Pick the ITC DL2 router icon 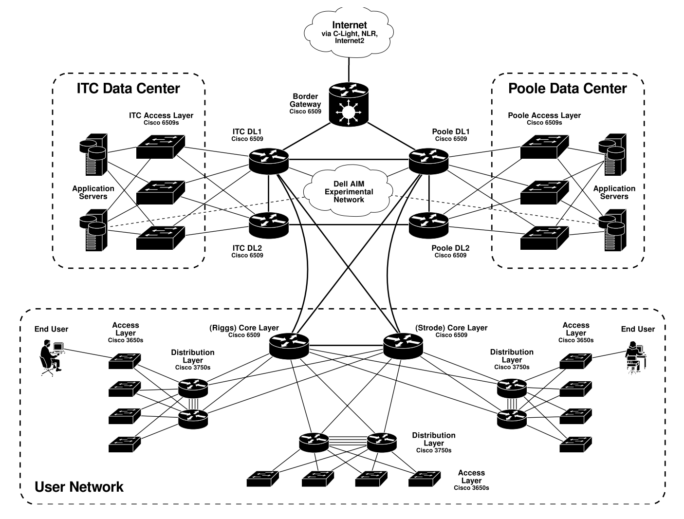(269, 223)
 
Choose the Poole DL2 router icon (429, 223)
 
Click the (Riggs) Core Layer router (289, 345)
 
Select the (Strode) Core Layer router (403, 345)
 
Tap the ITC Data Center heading (128, 89)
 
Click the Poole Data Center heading (567, 89)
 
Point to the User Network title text (79, 486)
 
